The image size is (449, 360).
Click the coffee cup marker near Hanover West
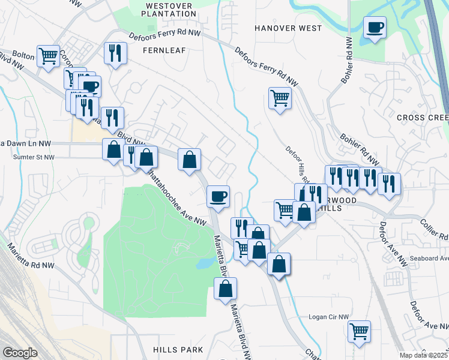tap(375, 28)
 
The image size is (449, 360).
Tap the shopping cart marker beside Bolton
tap(49, 56)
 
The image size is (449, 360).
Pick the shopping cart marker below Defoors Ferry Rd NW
tap(280, 98)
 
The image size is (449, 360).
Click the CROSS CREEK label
tap(422, 118)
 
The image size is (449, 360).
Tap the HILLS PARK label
tap(178, 349)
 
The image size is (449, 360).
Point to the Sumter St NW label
tap(34, 157)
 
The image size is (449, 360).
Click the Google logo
tap(20, 353)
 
